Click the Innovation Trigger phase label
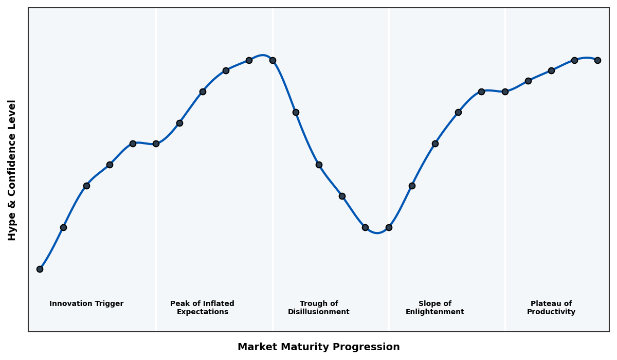pyautogui.click(x=86, y=304)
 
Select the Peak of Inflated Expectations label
pyautogui.click(x=202, y=308)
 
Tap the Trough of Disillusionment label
pyautogui.click(x=319, y=308)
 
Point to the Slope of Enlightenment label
pyautogui.click(x=434, y=308)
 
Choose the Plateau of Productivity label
pyautogui.click(x=551, y=308)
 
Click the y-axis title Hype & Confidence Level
pyautogui.click(x=12, y=170)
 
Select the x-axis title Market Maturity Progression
pyautogui.click(x=318, y=347)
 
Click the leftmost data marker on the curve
pyautogui.click(x=40, y=269)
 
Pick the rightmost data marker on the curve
pyautogui.click(x=597, y=60)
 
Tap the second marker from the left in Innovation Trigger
pyautogui.click(x=63, y=227)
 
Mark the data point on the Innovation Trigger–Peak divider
pyautogui.click(x=156, y=143)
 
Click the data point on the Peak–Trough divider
pyautogui.click(x=273, y=60)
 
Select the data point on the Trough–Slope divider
pyautogui.click(x=389, y=227)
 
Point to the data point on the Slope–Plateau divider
pyautogui.click(x=505, y=92)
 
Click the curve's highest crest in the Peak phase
pyautogui.click(x=263, y=55)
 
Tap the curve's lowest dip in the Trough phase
pyautogui.click(x=377, y=233)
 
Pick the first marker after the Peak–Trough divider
pyautogui.click(x=296, y=112)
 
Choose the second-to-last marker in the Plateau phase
pyautogui.click(x=574, y=60)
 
